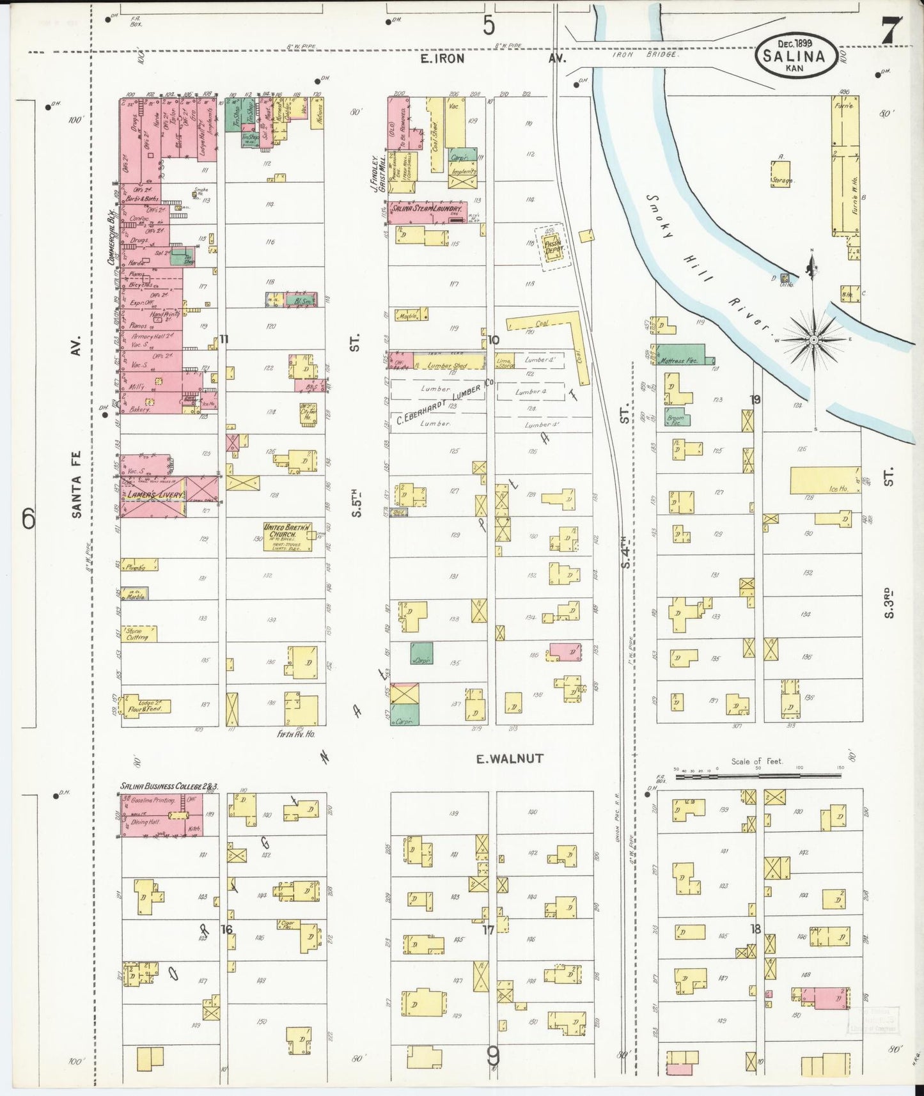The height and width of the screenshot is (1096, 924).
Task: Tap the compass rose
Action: [x=813, y=340]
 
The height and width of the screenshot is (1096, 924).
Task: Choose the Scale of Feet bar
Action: [x=757, y=776]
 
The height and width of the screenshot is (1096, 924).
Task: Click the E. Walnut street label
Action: [x=509, y=758]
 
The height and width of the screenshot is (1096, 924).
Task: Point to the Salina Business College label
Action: [x=169, y=786]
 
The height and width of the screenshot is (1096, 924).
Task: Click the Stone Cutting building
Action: [x=139, y=634]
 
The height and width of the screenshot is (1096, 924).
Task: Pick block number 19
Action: [x=755, y=400]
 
